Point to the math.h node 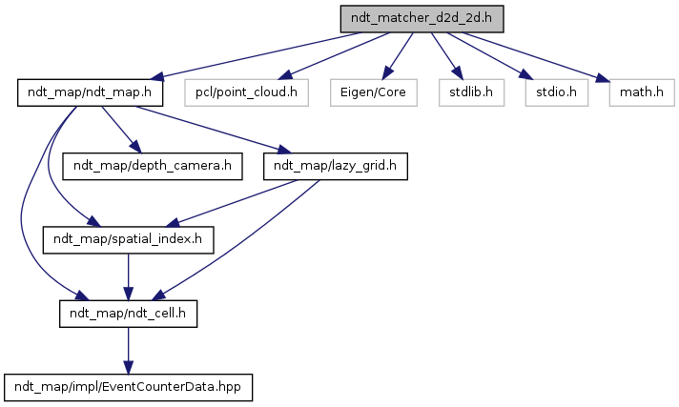[x=633, y=92]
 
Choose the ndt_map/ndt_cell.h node [x=129, y=313]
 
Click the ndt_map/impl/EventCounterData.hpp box [x=130, y=386]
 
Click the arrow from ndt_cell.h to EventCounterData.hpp [x=129, y=349]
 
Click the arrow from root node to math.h [x=534, y=56]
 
